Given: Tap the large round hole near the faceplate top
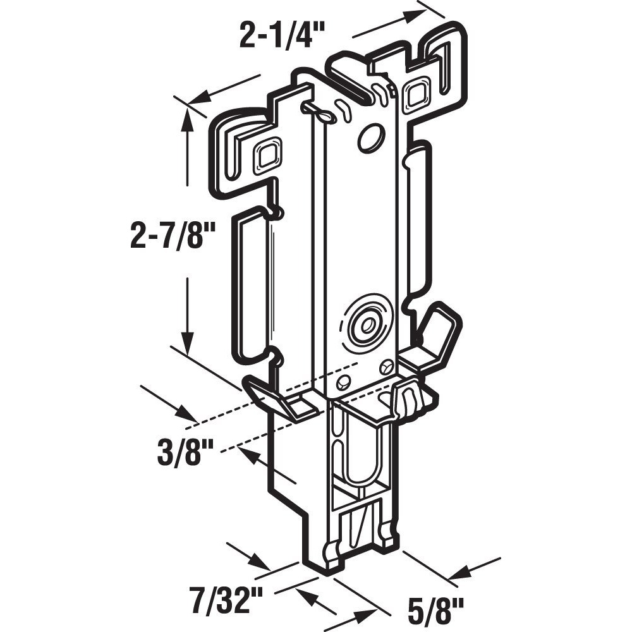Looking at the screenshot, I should (370, 138).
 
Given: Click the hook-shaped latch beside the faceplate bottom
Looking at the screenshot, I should (406, 399).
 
